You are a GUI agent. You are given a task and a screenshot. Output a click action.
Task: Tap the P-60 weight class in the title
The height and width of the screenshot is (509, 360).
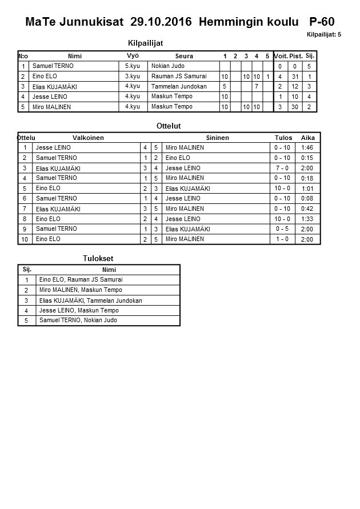point(322,22)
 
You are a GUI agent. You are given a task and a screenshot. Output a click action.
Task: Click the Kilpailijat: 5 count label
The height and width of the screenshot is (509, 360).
point(323,34)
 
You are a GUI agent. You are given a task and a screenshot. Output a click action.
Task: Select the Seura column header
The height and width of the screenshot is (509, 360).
point(184,56)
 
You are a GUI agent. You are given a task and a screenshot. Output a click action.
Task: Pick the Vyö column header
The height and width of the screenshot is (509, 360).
point(133,55)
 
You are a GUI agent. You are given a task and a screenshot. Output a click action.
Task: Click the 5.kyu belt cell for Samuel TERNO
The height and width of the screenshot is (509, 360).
point(133,66)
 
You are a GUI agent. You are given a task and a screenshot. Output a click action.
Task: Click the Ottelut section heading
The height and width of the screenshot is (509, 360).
point(169,126)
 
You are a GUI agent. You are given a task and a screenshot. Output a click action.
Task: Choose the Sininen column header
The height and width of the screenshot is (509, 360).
point(217,138)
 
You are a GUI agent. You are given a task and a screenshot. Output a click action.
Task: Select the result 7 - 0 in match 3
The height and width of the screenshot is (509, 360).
point(282,168)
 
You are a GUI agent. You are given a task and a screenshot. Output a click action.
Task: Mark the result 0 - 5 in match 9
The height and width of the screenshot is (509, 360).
point(282,229)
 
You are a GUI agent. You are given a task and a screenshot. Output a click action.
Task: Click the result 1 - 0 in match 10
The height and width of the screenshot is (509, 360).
point(282,239)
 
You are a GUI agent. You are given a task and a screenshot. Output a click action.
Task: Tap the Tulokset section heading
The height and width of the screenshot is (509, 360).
point(98,259)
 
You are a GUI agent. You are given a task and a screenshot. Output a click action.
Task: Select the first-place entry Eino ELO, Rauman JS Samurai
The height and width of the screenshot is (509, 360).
point(81,280)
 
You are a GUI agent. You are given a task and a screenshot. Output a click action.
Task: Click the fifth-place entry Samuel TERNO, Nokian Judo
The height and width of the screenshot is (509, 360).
point(78,320)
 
